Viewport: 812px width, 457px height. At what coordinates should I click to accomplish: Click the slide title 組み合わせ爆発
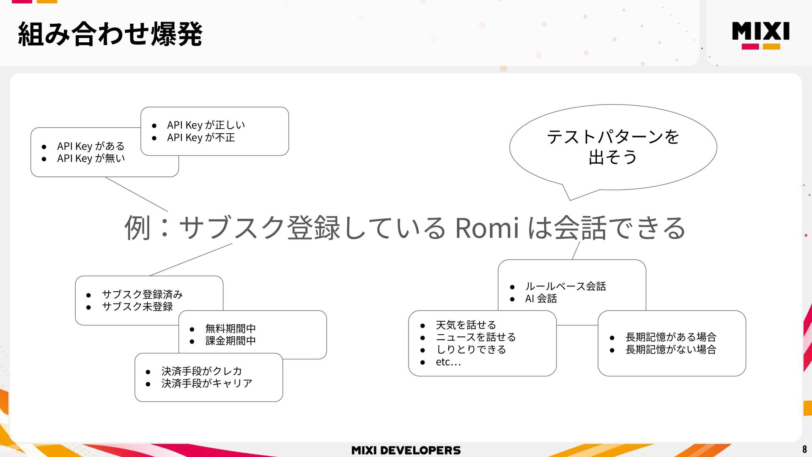point(110,34)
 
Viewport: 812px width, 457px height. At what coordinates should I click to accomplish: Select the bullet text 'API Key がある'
point(91,146)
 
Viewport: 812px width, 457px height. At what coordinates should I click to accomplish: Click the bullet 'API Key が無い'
point(91,158)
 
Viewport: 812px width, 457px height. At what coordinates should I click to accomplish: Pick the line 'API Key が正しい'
point(206,125)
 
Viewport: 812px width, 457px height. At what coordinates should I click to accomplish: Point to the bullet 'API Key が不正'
point(200,138)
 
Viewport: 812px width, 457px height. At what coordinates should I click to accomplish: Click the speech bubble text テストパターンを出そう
point(612,146)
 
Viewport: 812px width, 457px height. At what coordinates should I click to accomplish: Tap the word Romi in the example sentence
point(487,228)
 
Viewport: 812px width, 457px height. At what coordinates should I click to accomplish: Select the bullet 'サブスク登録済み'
point(142,294)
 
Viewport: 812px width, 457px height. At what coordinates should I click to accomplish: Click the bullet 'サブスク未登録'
point(137,306)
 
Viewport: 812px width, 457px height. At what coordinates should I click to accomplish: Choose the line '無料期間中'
point(230,328)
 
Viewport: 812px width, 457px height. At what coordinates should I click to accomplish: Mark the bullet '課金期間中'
point(230,341)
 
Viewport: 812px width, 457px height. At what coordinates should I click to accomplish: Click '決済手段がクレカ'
point(201,371)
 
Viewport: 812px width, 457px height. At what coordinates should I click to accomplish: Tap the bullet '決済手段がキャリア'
point(206,383)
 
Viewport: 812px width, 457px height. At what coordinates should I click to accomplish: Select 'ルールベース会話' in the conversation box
point(565,286)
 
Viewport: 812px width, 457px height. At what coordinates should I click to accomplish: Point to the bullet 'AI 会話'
point(541,299)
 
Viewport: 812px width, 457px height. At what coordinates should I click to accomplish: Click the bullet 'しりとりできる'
point(471,350)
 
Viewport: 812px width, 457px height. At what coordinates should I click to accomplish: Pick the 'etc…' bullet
point(448,362)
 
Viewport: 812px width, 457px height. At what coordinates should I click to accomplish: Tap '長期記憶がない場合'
point(671,350)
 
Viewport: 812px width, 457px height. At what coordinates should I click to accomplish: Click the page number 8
point(804,449)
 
